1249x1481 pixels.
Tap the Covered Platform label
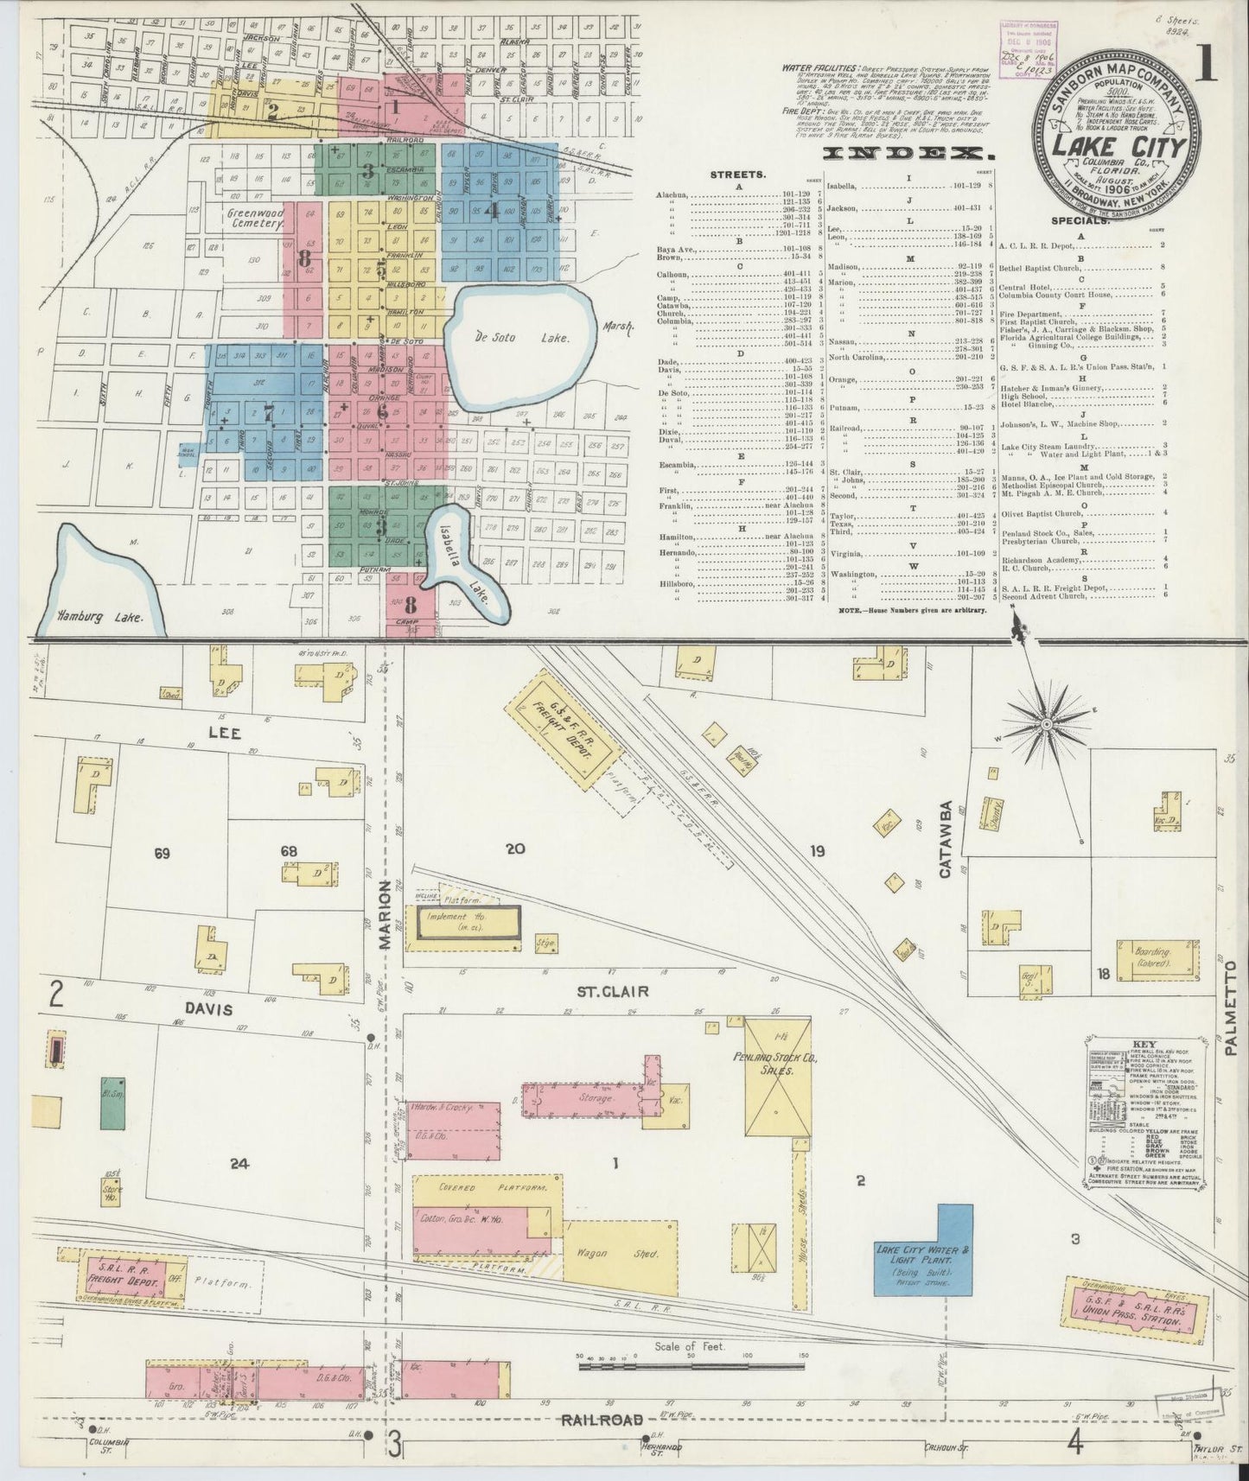481,1188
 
